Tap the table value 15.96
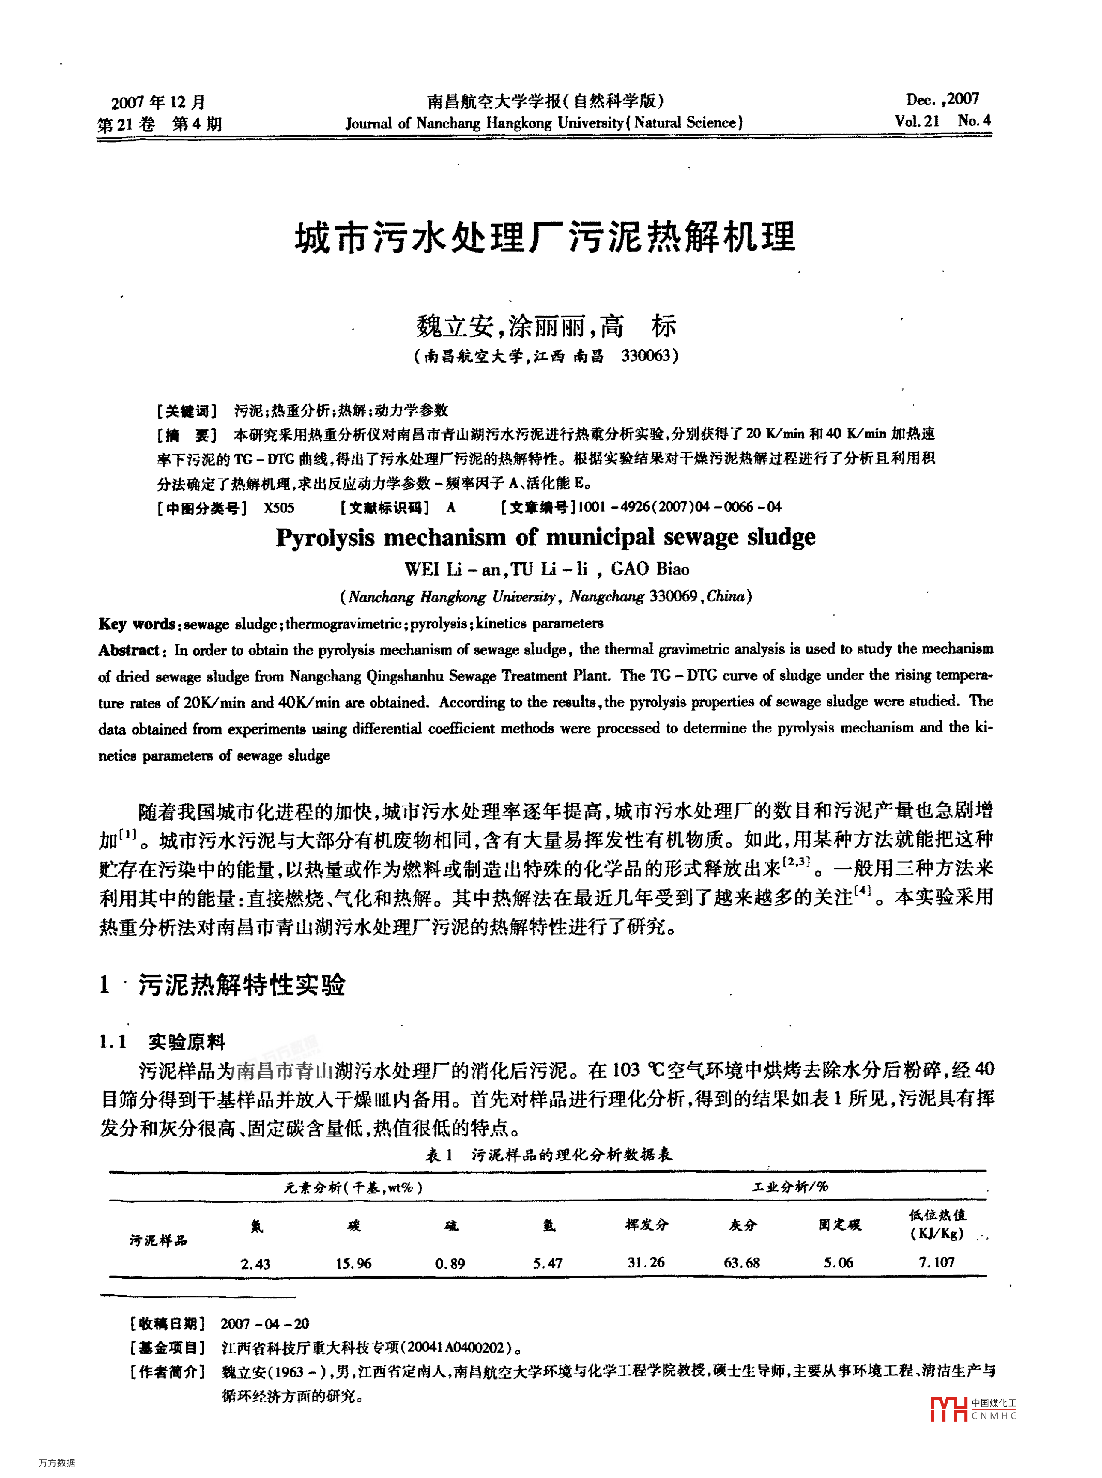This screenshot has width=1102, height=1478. click(x=353, y=1263)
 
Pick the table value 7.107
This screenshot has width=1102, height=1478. click(x=936, y=1262)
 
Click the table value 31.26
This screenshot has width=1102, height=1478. click(x=645, y=1262)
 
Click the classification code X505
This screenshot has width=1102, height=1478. click(x=279, y=508)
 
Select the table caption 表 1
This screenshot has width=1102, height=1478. click(x=439, y=1155)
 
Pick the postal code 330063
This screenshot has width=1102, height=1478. click(x=645, y=356)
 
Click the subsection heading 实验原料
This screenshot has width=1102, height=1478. click(x=187, y=1041)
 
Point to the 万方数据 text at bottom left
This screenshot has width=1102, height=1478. click(x=57, y=1463)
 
